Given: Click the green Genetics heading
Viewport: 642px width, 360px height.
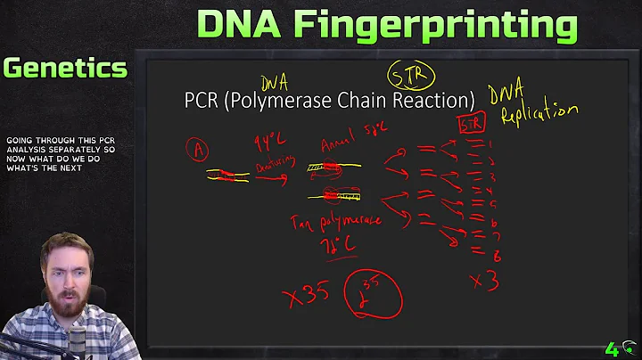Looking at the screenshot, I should click(64, 68).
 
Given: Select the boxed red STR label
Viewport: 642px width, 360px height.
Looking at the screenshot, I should click(471, 124).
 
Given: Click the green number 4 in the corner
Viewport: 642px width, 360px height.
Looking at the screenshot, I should click(612, 349).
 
